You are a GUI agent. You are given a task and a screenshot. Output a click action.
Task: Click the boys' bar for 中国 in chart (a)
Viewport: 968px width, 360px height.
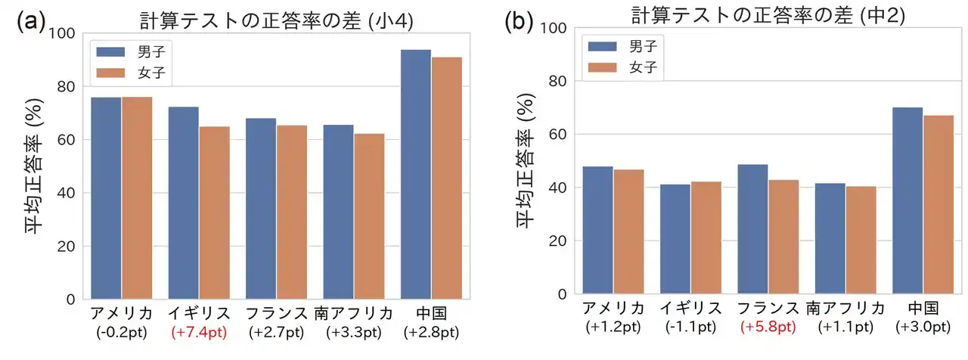(x=415, y=174)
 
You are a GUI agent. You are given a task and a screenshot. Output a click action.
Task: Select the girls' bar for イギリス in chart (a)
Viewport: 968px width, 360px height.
(x=215, y=213)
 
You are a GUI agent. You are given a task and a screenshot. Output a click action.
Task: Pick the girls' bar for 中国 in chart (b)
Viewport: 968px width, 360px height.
(x=939, y=205)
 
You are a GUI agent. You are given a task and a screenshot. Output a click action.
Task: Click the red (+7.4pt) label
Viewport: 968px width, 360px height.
(x=199, y=332)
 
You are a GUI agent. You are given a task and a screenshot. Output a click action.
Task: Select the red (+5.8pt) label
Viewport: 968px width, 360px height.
(x=768, y=327)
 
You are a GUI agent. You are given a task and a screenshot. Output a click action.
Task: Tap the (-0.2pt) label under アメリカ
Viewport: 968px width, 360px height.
(x=122, y=332)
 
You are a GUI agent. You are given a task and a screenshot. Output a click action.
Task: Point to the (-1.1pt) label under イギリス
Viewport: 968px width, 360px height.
(x=690, y=327)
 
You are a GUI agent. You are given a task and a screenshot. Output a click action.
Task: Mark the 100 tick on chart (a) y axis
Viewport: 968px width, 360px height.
(x=61, y=33)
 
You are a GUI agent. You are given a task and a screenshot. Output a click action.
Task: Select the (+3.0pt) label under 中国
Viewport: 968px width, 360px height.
(x=923, y=327)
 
